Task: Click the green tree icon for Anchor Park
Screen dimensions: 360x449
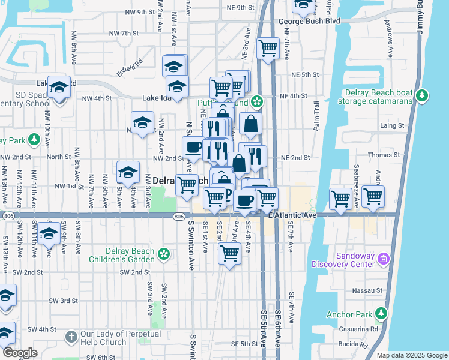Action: tap(381, 313)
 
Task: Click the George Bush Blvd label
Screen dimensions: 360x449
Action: tap(309, 21)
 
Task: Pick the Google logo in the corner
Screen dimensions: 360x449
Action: tap(20, 353)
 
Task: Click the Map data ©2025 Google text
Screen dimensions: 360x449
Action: tap(412, 355)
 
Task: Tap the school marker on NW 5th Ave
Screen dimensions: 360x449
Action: tap(128, 173)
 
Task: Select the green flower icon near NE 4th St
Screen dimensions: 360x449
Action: tap(257, 101)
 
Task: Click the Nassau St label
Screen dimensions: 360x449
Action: tap(371, 289)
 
